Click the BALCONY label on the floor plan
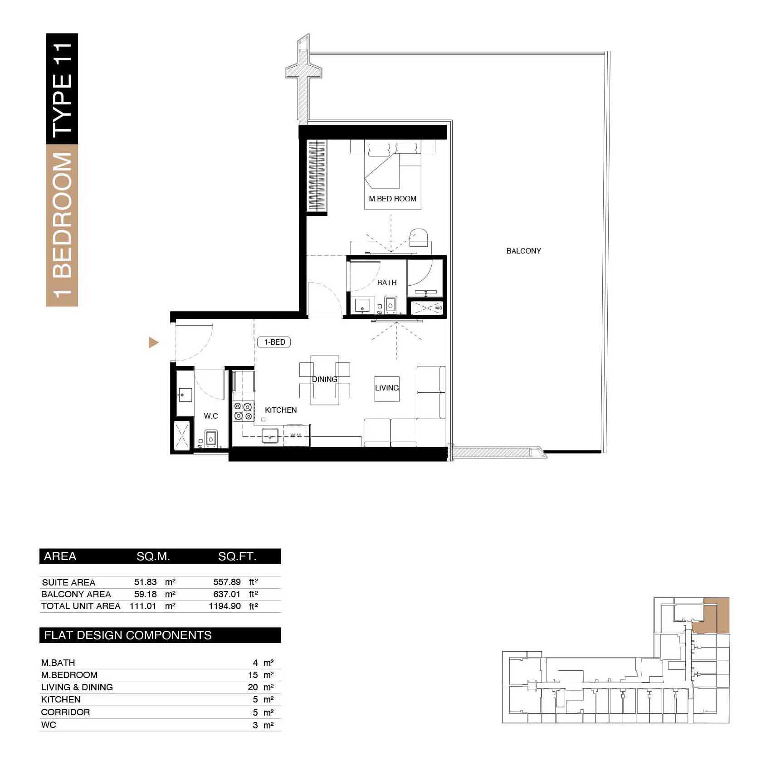[523, 251]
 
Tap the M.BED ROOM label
[392, 199]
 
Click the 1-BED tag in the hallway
[274, 342]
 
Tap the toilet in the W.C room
[211, 439]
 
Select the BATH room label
[387, 283]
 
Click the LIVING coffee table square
[387, 388]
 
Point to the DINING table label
[324, 379]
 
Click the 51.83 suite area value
[145, 582]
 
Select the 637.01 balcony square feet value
[227, 594]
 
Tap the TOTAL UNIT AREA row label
[81, 606]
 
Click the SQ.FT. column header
[237, 556]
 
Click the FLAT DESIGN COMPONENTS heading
[128, 635]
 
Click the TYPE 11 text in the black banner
[62, 89]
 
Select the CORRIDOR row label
[65, 712]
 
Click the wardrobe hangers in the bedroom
[317, 175]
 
